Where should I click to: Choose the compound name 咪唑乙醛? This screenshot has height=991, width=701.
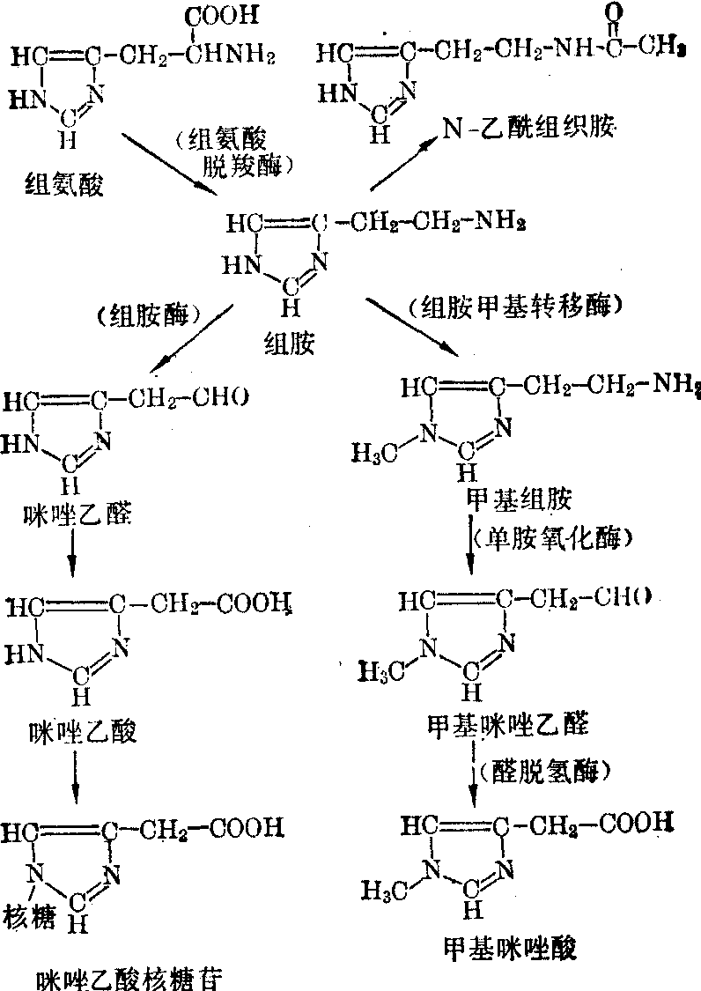coord(78,513)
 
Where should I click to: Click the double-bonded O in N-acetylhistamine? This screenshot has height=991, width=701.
coord(610,13)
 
